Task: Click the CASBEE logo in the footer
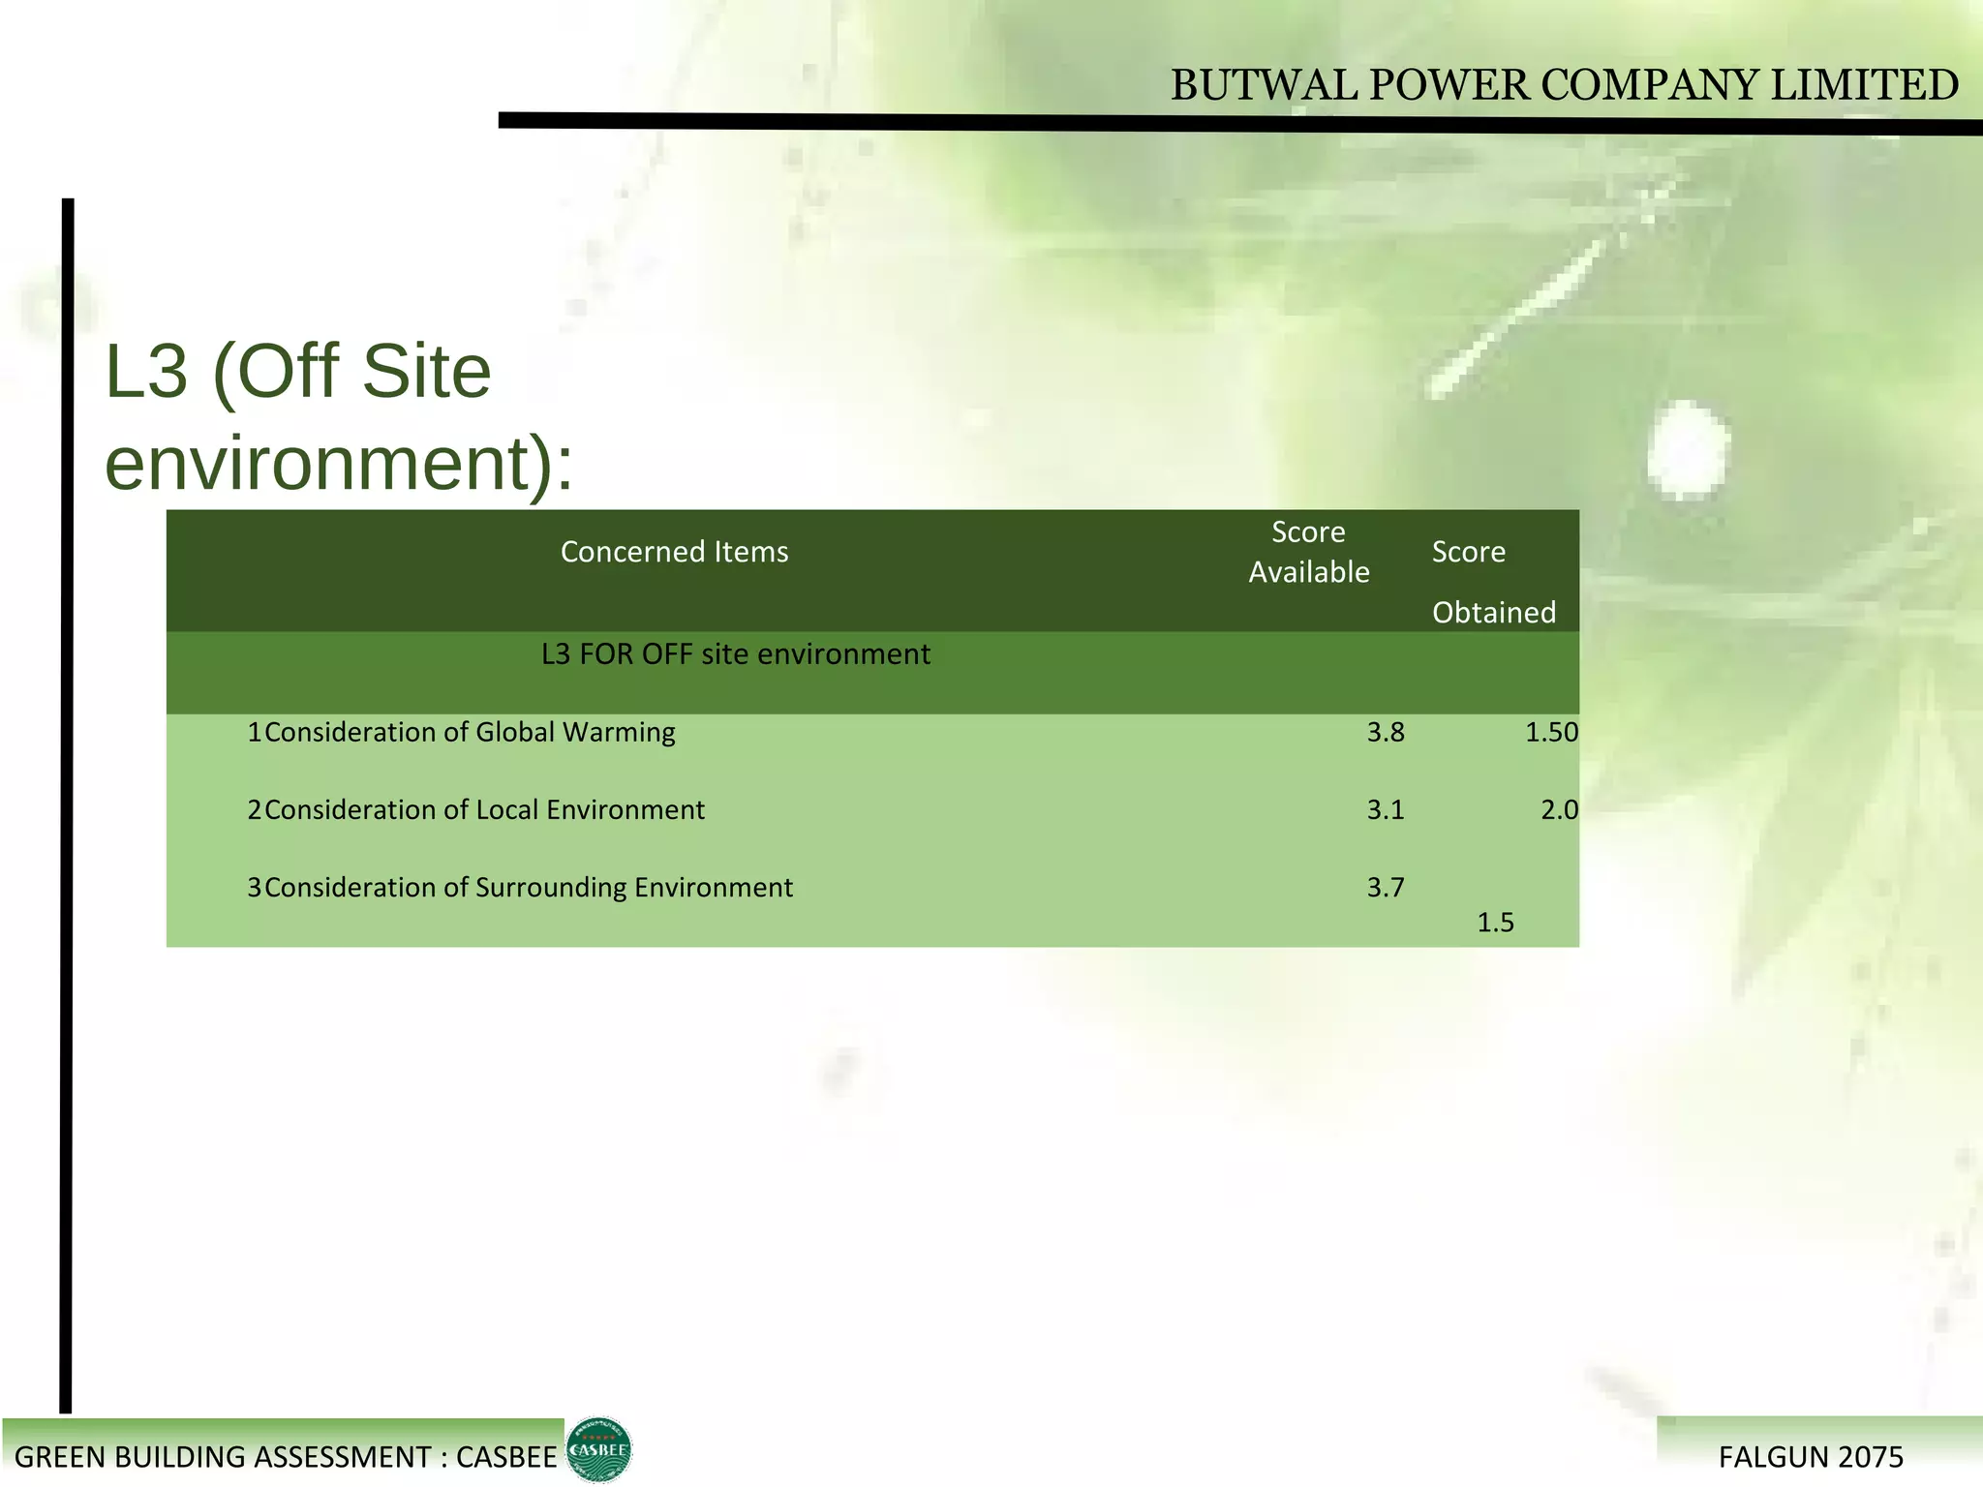(598, 1449)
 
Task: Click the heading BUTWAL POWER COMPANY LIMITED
(1564, 85)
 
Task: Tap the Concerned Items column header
(674, 552)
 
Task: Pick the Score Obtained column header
(1492, 581)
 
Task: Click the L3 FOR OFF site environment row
(735, 654)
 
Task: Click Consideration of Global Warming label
(469, 732)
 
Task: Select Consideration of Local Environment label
(483, 809)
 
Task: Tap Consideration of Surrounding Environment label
(528, 887)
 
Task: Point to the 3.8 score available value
(1385, 733)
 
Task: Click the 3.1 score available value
(1385, 810)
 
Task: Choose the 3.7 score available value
(1385, 888)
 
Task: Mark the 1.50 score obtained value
(1550, 733)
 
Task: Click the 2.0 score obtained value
(1558, 810)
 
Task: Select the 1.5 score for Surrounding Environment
(1495, 923)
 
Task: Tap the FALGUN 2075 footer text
(1810, 1457)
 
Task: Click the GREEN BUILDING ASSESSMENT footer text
(286, 1457)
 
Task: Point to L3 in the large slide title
(145, 372)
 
